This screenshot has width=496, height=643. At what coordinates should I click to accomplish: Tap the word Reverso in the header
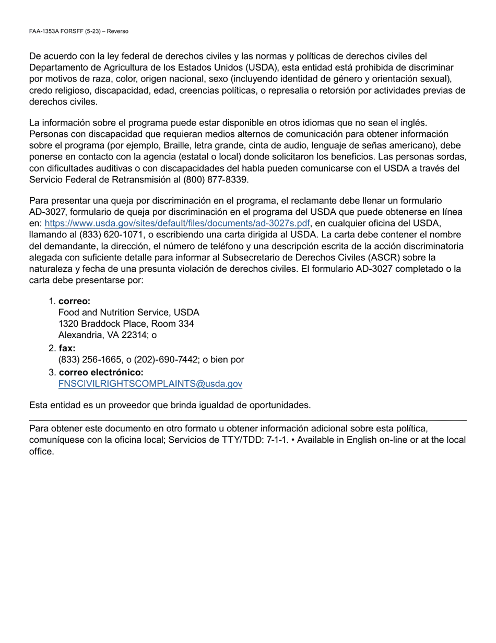117,31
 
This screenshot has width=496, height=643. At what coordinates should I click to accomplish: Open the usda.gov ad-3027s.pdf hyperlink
178,224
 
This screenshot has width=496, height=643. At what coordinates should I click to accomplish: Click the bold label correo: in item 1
75,301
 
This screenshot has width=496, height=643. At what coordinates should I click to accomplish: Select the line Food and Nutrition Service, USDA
128,313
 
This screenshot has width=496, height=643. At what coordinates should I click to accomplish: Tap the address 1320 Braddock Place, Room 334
126,324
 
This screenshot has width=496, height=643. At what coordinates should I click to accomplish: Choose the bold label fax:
67,348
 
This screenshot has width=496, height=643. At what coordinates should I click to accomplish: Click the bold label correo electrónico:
101,372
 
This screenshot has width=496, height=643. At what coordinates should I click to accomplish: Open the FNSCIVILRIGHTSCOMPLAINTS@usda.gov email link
150,384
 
